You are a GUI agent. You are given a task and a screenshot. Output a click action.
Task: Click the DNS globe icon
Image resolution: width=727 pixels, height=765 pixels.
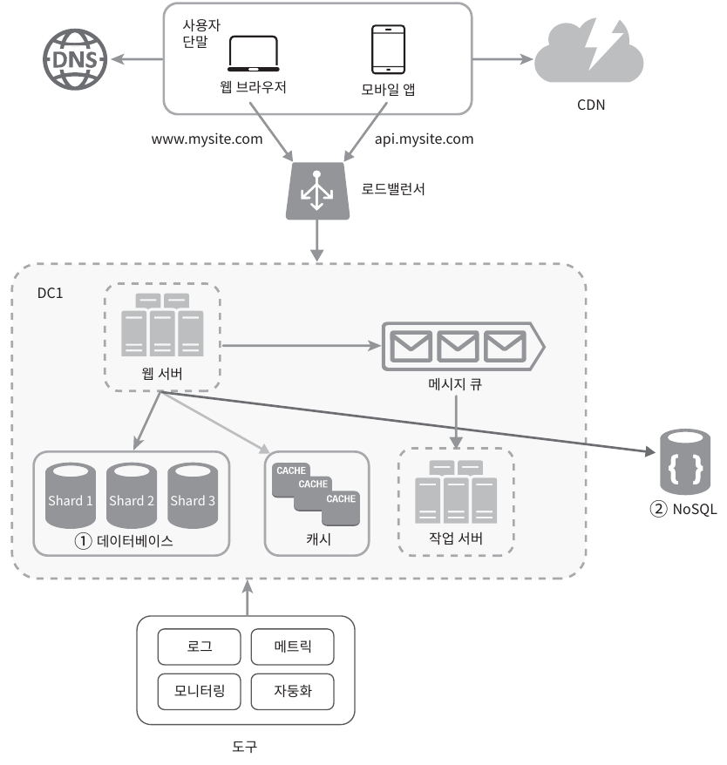[71, 60]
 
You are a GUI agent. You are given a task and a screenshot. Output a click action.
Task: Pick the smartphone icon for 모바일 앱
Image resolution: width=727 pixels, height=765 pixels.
[387, 50]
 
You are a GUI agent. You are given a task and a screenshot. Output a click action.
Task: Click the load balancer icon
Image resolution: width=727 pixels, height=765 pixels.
[317, 191]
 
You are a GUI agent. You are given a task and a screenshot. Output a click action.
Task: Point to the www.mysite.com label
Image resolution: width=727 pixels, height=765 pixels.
[207, 139]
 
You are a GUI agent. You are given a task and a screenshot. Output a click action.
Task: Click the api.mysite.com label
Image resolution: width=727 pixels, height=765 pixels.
[424, 139]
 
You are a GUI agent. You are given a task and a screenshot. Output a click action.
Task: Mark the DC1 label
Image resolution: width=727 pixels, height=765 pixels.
[50, 293]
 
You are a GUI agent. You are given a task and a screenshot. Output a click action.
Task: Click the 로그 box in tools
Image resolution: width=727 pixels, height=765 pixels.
[200, 647]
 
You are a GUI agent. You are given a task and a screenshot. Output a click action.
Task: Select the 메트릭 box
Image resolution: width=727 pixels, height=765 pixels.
[292, 647]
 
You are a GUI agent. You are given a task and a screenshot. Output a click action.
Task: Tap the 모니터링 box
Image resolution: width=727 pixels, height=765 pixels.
[200, 692]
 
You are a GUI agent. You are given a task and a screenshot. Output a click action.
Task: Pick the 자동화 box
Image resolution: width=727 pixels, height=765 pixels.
[292, 692]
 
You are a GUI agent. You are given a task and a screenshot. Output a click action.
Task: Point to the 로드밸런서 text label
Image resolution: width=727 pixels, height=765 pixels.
[393, 188]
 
